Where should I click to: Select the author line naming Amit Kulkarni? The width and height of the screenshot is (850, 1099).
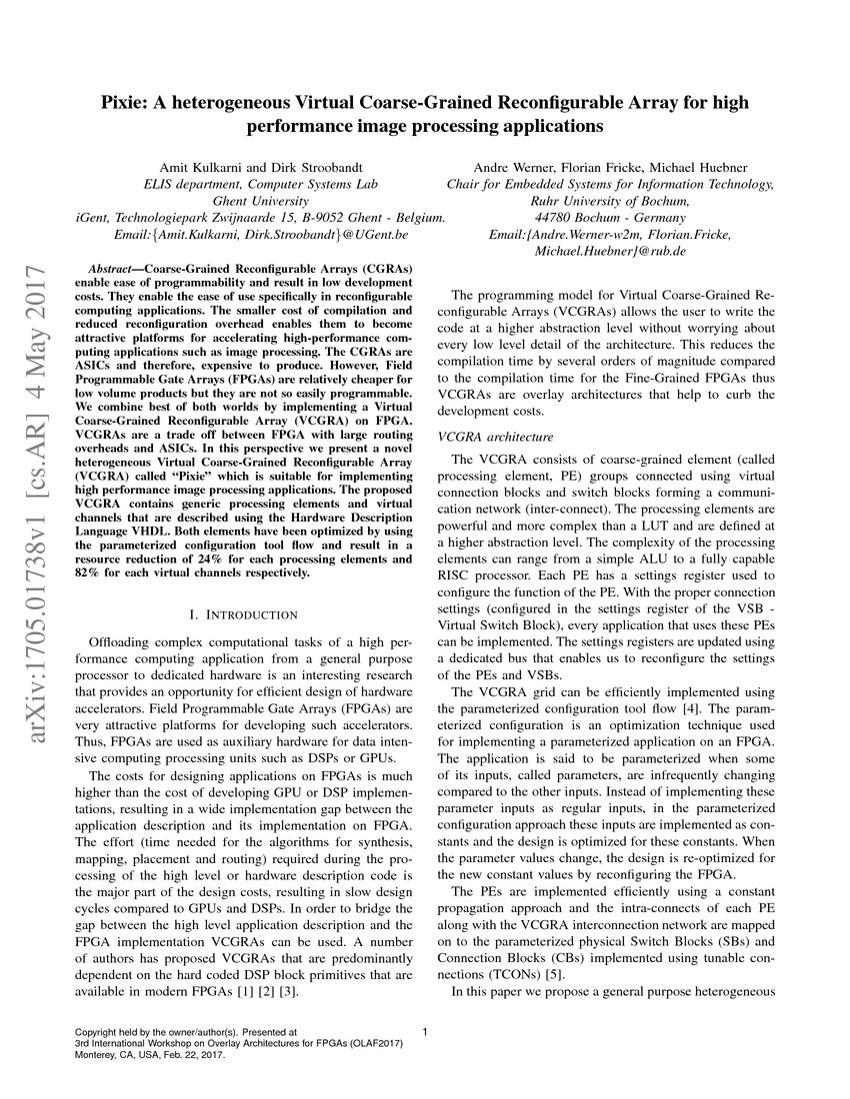coord(260,167)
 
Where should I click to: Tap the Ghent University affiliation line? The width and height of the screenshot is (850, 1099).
coord(260,201)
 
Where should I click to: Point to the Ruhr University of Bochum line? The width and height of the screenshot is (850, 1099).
coord(610,201)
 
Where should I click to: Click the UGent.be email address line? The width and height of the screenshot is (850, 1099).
coord(260,235)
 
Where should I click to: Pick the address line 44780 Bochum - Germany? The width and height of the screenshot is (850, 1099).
coord(610,218)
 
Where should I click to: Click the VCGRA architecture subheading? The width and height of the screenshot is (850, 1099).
coord(496,437)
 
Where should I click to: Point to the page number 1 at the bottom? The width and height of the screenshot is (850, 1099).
coord(426,1032)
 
